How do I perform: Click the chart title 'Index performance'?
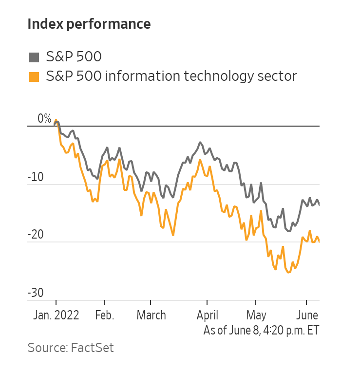(89, 24)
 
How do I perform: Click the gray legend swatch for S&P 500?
(34, 57)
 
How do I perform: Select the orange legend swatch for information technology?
(34, 77)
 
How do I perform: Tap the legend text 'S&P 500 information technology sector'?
(171, 76)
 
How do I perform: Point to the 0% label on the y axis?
(44, 119)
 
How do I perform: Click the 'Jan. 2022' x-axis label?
(57, 315)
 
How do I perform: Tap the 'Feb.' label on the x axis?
(104, 315)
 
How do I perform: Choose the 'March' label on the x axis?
(151, 315)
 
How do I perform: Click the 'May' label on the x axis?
(257, 315)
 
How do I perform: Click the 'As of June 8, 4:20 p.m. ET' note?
(261, 331)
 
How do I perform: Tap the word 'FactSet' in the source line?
(93, 348)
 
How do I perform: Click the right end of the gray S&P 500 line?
(320, 204)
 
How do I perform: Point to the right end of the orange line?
(320, 241)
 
